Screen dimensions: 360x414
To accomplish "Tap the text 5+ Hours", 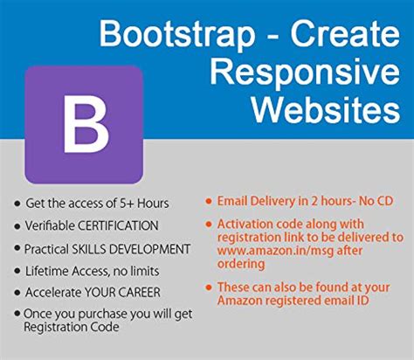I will pyautogui.click(x=144, y=204).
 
